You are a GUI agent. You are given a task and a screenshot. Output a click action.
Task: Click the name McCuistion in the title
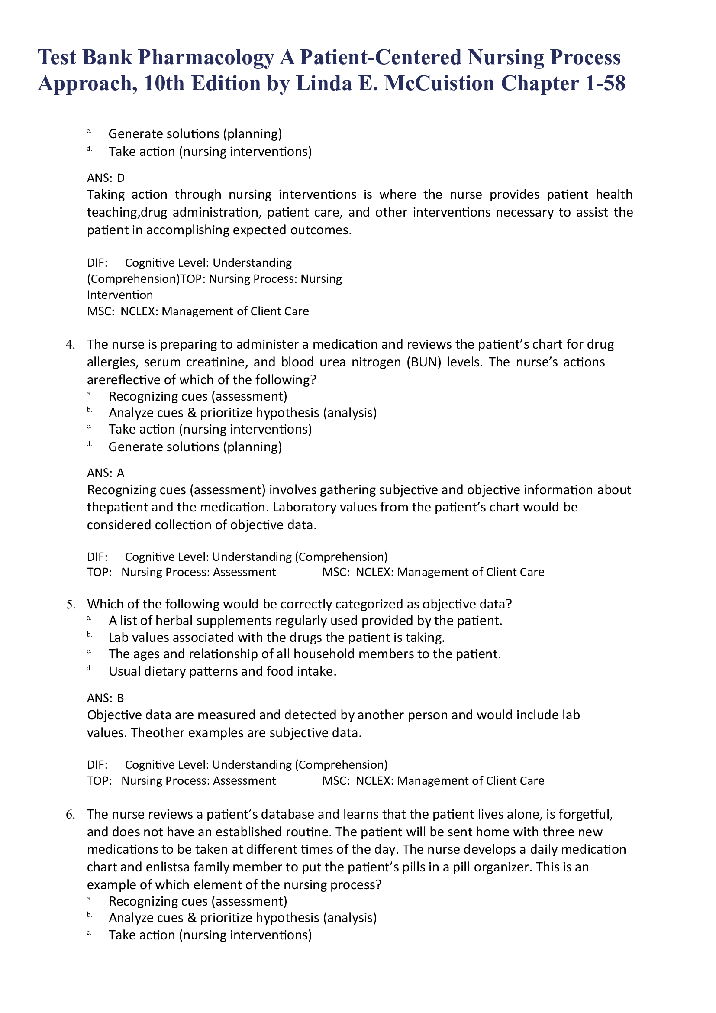pyautogui.click(x=439, y=84)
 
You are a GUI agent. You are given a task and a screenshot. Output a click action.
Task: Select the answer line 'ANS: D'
pyautogui.click(x=106, y=178)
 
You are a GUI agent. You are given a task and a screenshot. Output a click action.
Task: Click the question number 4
pyautogui.click(x=70, y=345)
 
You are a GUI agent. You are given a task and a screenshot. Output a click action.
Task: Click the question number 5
pyautogui.click(x=70, y=605)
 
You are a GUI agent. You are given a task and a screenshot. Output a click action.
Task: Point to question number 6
pyautogui.click(x=70, y=815)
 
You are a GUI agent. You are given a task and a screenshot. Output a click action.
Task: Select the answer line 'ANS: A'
pyautogui.click(x=106, y=473)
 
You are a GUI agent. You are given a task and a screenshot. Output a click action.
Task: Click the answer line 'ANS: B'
pyautogui.click(x=106, y=698)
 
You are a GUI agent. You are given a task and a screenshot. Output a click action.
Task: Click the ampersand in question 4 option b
pyautogui.click(x=192, y=413)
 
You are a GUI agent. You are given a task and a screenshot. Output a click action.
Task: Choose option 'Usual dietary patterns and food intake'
pyautogui.click(x=223, y=671)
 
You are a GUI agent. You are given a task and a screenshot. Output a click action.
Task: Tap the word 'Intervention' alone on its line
pyautogui.click(x=120, y=295)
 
